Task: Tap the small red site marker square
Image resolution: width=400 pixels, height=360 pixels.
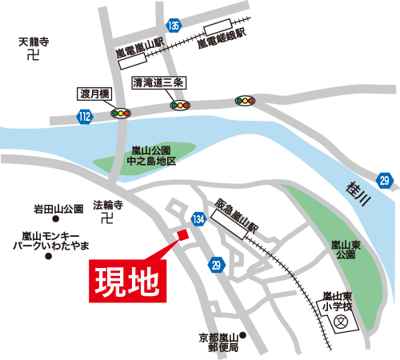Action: [181, 234]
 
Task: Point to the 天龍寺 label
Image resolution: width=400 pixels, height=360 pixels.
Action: [34, 41]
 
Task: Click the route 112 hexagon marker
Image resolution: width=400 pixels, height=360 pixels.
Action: [85, 117]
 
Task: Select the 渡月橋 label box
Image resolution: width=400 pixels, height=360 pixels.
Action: [92, 93]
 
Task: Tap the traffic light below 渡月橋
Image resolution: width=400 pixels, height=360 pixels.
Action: [121, 113]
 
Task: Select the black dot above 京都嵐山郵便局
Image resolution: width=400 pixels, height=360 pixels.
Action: [244, 335]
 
